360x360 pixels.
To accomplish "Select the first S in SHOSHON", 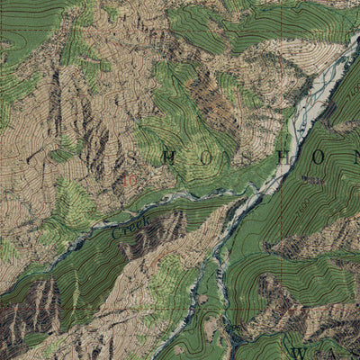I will coord(133,159).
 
